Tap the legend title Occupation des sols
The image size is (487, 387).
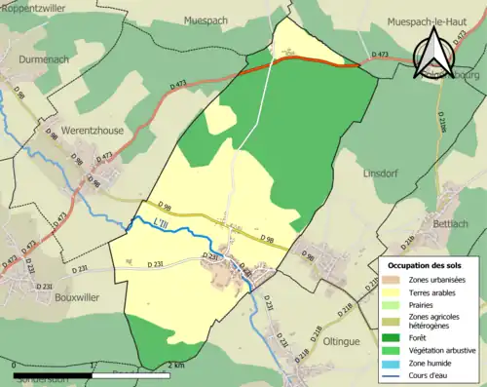point(425,264)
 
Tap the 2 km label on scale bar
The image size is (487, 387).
point(176,367)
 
